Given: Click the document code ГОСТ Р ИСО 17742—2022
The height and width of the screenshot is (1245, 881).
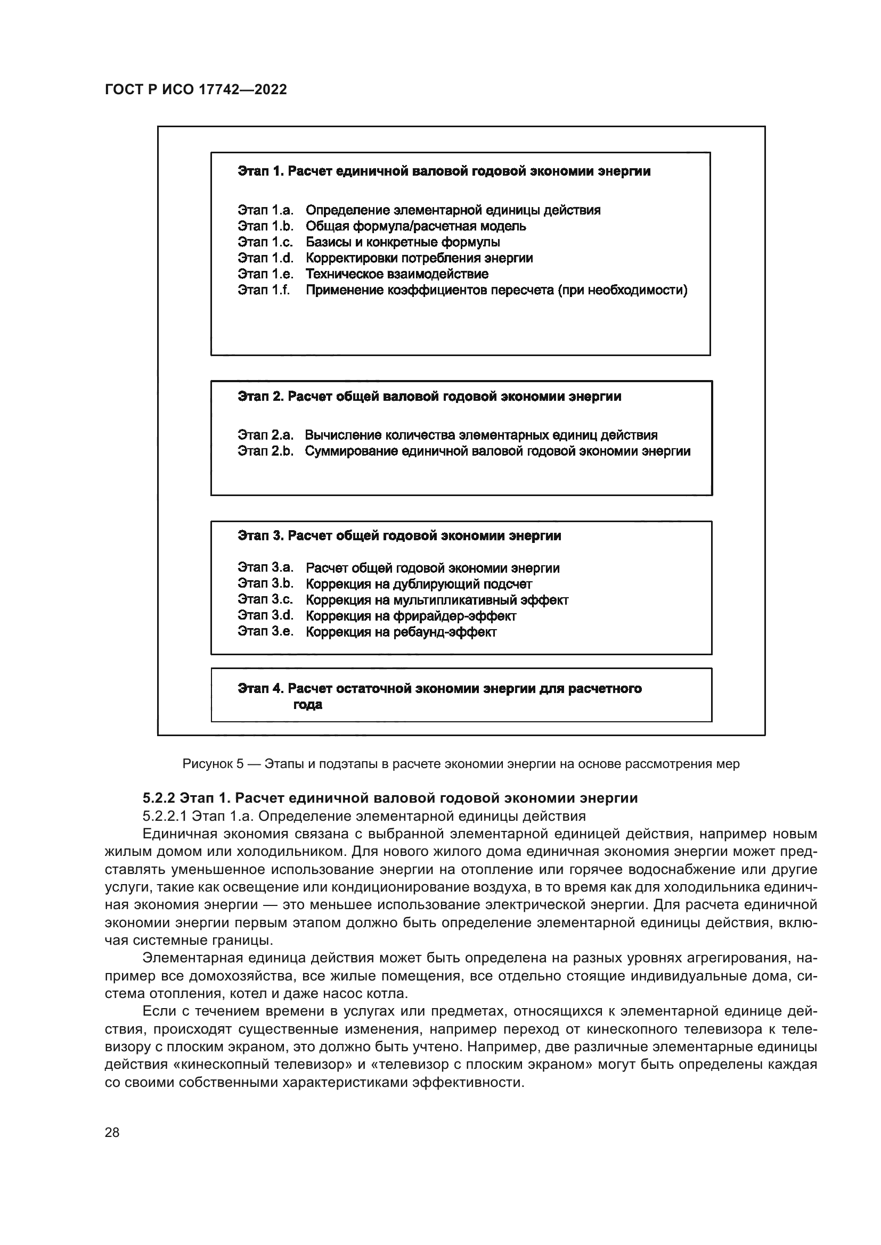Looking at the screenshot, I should click(x=195, y=90).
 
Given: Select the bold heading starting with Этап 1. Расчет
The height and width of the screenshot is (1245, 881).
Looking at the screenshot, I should click(x=444, y=171).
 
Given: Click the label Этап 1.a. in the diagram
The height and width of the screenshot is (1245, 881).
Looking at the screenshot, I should click(x=265, y=210).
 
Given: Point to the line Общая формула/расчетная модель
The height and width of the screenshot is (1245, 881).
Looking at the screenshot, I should click(x=415, y=226).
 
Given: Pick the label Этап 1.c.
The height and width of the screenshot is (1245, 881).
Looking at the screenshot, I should click(x=265, y=242).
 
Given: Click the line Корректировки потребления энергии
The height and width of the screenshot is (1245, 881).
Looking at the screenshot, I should click(x=419, y=258).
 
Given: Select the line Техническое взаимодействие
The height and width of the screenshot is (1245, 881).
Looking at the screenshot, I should click(x=397, y=274).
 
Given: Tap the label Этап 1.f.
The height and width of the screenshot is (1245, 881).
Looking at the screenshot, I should click(x=264, y=290).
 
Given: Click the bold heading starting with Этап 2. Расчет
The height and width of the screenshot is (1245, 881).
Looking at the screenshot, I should click(x=429, y=397).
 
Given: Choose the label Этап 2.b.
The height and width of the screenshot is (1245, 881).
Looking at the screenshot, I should click(x=265, y=451).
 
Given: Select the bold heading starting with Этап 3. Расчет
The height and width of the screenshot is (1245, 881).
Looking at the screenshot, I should click(x=399, y=536).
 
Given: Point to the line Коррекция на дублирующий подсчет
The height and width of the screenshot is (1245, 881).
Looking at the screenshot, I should click(x=419, y=584).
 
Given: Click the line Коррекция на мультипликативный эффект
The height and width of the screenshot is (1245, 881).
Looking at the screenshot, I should click(x=437, y=600).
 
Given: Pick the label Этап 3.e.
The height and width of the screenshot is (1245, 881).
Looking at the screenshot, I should click(x=265, y=631).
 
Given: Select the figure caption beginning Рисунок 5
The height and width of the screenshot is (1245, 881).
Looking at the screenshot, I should click(x=461, y=764).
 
